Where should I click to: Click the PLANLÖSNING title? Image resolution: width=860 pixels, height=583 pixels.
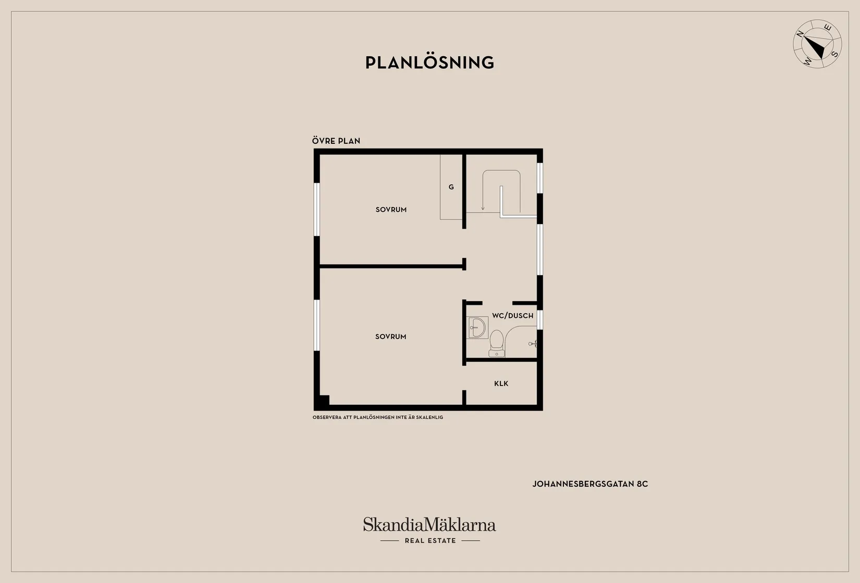pos(429,62)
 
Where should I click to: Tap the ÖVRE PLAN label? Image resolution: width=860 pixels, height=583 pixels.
pos(336,141)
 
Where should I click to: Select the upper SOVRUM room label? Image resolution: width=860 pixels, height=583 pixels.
pos(391,209)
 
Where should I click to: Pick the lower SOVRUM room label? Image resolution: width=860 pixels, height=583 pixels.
pos(390,337)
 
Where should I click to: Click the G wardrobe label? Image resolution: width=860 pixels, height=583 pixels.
pos(451,187)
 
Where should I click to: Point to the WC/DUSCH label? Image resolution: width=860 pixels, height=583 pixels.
pos(512,316)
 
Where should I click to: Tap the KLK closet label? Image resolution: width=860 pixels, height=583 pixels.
pos(501,383)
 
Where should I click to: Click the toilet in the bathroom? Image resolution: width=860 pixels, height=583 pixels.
pos(496,343)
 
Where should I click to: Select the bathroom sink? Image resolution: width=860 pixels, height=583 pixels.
pos(477,327)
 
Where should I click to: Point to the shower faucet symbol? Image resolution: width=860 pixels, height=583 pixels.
pos(533,343)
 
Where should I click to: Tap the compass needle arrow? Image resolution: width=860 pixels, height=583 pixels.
pos(815,47)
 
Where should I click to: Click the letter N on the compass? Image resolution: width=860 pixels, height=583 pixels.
pos(801,34)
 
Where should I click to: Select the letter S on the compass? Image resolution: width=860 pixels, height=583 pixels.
pos(834,54)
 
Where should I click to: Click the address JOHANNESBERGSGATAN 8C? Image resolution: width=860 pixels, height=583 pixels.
pos(590,484)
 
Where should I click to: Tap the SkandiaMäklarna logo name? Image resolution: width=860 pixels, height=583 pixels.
pos(429,524)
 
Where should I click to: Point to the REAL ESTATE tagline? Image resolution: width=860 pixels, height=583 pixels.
pos(431,540)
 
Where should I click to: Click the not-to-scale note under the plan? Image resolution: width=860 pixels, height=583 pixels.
pos(378,417)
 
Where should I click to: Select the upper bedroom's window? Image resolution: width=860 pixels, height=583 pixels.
pos(317,209)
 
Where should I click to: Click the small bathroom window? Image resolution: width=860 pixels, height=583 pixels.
pos(539,320)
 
